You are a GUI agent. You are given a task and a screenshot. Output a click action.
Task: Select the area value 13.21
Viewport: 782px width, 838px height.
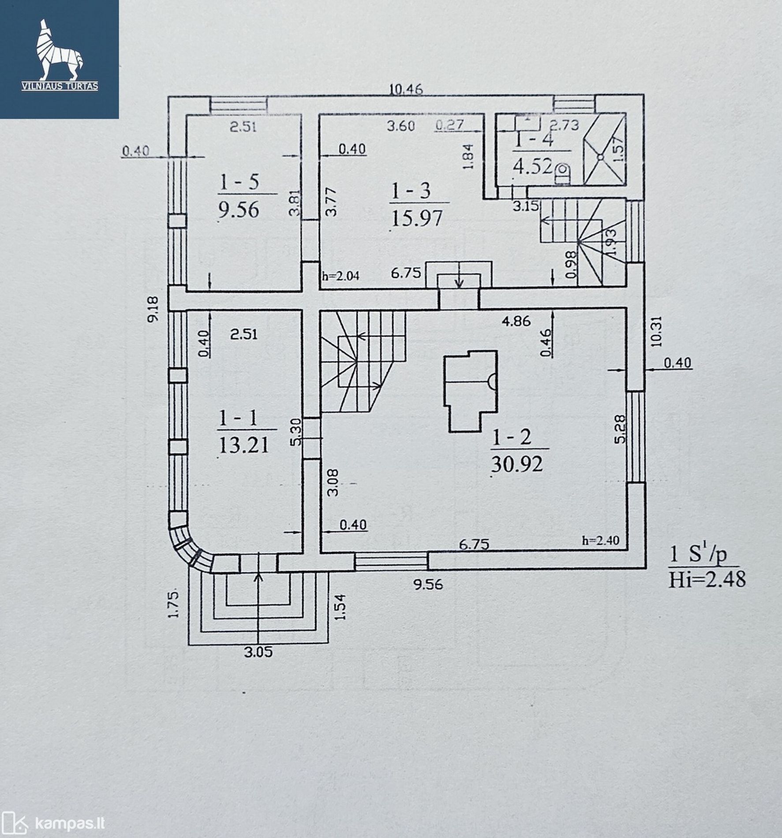pyautogui.click(x=243, y=445)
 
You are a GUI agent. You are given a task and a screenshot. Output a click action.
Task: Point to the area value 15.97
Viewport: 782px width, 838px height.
pyautogui.click(x=416, y=218)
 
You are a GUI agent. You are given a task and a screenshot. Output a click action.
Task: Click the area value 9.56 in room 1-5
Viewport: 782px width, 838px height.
pyautogui.click(x=239, y=209)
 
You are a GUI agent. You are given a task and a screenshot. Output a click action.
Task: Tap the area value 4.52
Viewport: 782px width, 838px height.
pyautogui.click(x=532, y=167)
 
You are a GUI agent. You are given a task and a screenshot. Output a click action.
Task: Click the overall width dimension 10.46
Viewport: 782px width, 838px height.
pyautogui.click(x=406, y=90)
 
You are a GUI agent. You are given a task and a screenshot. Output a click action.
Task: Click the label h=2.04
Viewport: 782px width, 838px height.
pyautogui.click(x=341, y=277)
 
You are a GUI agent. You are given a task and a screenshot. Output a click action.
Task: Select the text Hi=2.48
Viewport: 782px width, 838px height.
pyautogui.click(x=707, y=579)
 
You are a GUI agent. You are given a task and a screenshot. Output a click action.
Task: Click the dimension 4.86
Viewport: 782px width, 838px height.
pyautogui.click(x=516, y=321)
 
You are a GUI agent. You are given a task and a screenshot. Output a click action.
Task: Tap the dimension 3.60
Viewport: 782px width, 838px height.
pyautogui.click(x=401, y=126)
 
